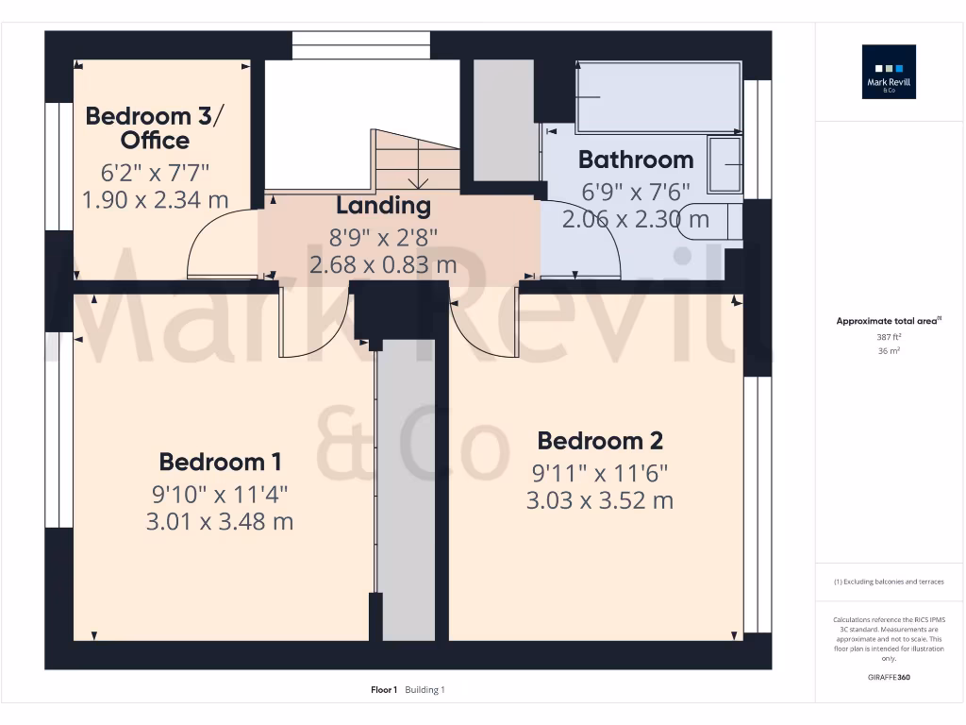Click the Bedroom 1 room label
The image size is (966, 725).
pyautogui.click(x=220, y=462)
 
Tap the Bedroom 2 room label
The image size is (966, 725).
pyautogui.click(x=600, y=440)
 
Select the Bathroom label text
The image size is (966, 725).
pyautogui.click(x=636, y=160)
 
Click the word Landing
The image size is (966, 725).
pyautogui.click(x=383, y=205)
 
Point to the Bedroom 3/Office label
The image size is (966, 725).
pyautogui.click(x=156, y=128)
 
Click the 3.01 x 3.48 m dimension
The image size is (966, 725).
pyautogui.click(x=220, y=521)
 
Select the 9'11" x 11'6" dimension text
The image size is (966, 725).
pyautogui.click(x=600, y=471)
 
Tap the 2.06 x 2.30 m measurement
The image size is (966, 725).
pyautogui.click(x=636, y=220)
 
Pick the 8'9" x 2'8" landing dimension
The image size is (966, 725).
pyautogui.click(x=383, y=236)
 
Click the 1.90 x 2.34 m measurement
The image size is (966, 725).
pyautogui.click(x=156, y=200)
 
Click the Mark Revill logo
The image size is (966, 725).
pyautogui.click(x=889, y=73)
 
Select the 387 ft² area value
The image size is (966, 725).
pyautogui.click(x=889, y=337)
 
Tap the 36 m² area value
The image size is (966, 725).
pyautogui.click(x=889, y=350)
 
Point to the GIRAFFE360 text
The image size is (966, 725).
pyautogui.click(x=889, y=677)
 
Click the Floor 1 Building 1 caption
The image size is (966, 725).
pyautogui.click(x=408, y=690)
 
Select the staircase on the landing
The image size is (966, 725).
pyautogui.click(x=416, y=160)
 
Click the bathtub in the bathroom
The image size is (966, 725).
pyautogui.click(x=658, y=96)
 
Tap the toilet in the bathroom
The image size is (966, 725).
pyautogui.click(x=710, y=220)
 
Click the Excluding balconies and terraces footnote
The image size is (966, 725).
pyautogui.click(x=889, y=582)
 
